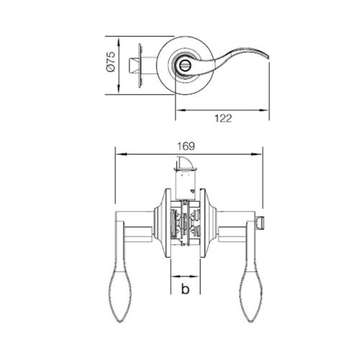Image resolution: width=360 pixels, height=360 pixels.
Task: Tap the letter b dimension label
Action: pyautogui.click(x=185, y=290)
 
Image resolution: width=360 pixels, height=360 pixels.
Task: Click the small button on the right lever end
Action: pyautogui.click(x=264, y=217)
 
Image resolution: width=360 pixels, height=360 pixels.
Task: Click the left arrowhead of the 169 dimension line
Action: pyautogui.click(x=120, y=153)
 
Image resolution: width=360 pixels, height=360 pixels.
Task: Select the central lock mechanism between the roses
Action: pyautogui.click(x=186, y=223)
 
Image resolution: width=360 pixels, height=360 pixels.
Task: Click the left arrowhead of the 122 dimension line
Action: pyautogui.click(x=179, y=110)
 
